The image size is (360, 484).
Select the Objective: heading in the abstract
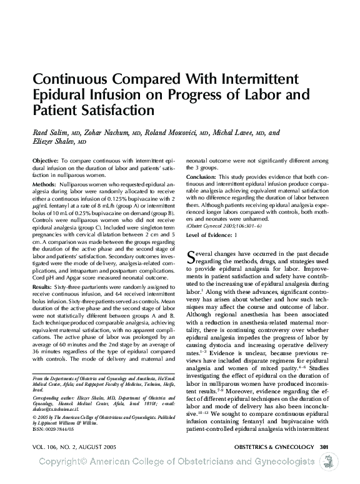tap(46, 161)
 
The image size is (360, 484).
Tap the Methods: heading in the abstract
tap(44, 186)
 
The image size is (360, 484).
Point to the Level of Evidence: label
tap(209, 234)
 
